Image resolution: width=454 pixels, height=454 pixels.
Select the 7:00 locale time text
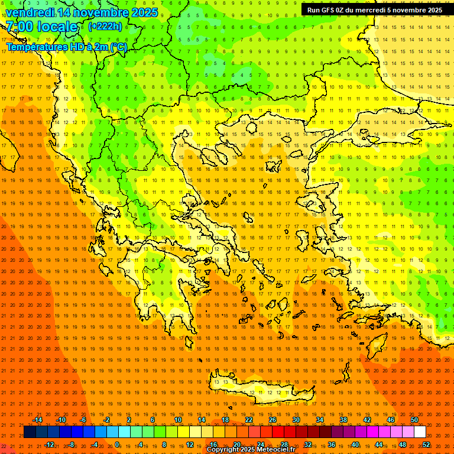coord(41,27)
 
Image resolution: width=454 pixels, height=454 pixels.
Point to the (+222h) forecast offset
coord(106,26)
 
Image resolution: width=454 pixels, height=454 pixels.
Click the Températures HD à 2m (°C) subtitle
coord(66,47)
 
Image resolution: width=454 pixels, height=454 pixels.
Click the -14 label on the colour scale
coord(37,420)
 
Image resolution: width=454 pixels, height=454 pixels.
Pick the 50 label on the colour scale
coord(414,420)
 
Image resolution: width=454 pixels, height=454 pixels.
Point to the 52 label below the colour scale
coord(426,445)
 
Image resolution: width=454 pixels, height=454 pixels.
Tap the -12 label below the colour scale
coord(49,445)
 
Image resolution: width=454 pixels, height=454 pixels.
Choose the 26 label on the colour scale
coord(272,420)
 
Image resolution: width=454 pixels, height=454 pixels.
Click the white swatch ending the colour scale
coord(420,432)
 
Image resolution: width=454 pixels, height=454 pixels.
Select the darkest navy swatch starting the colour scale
coord(30,432)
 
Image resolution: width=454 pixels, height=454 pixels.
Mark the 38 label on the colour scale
coord(343,420)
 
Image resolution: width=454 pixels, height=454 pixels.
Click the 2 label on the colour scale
coord(129,420)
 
